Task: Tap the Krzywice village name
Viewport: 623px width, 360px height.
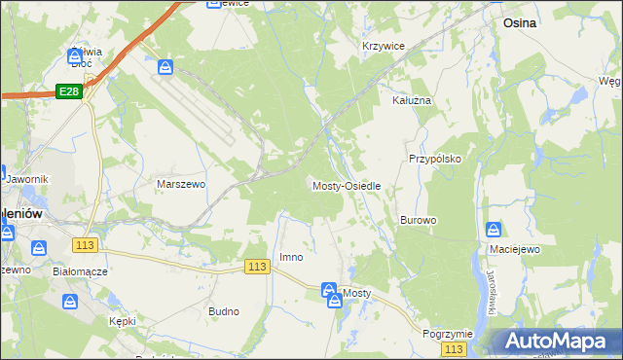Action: point(383,46)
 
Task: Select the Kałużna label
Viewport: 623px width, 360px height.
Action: point(411,100)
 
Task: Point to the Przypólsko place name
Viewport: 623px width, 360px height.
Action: point(434,158)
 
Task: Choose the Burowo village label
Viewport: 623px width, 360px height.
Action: point(418,220)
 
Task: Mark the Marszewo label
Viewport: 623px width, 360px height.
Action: point(180,183)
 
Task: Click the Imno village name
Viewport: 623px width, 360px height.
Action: point(291,257)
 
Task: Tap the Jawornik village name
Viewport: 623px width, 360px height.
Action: point(26,179)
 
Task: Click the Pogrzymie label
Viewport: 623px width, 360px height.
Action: point(448,333)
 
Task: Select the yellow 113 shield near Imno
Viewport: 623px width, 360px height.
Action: point(257,267)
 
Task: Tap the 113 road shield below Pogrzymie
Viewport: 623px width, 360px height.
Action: point(453,348)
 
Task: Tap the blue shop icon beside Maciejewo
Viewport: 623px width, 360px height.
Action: point(494,231)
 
